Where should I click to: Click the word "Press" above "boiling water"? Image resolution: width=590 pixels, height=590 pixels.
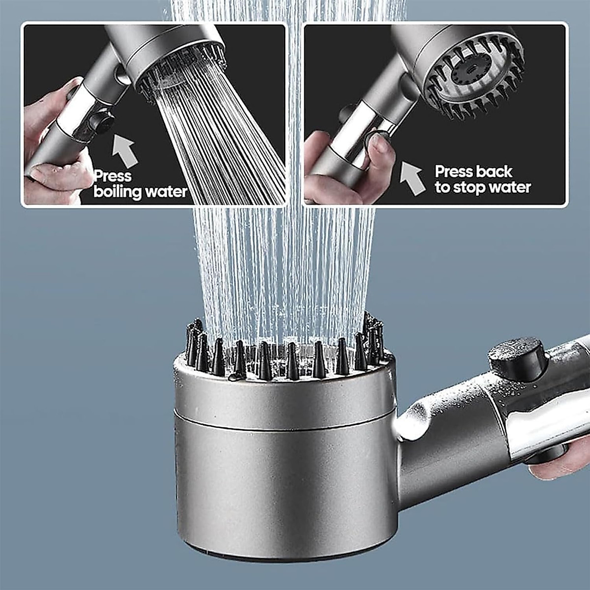tap(113, 176)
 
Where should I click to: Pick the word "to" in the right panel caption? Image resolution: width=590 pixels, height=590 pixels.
tap(443, 187)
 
